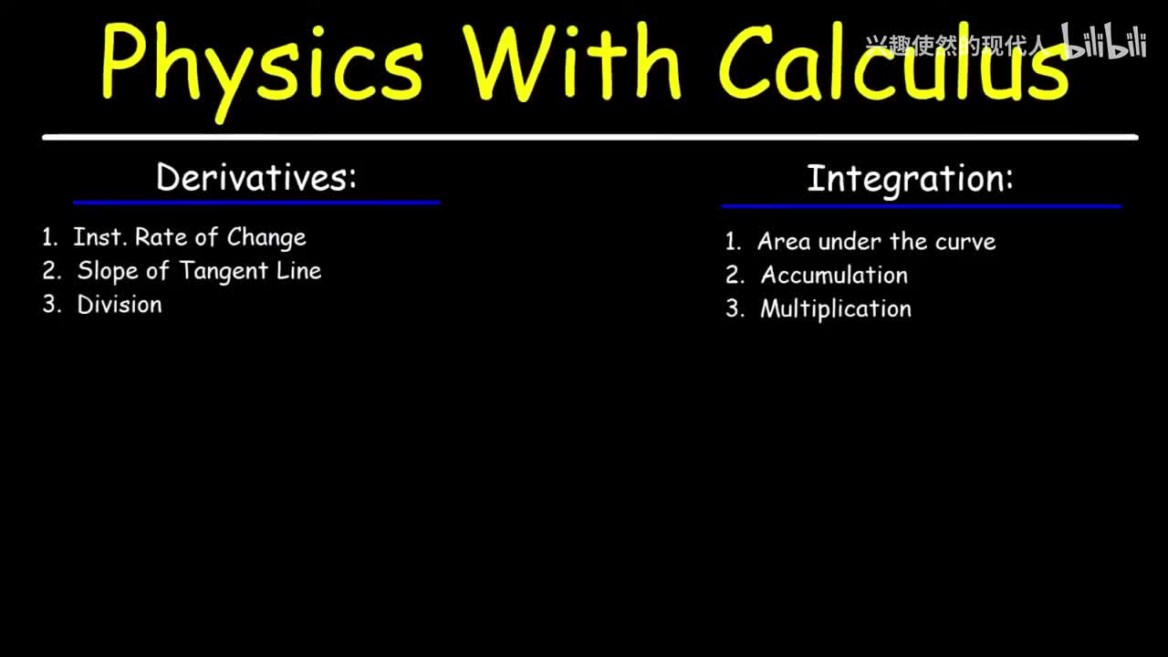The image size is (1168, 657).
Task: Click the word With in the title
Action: coord(572,61)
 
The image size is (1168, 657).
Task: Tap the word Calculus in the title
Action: coord(893,61)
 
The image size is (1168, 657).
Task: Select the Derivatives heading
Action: coord(256,177)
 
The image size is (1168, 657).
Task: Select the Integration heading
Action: coord(910,180)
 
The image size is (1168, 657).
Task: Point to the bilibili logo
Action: coord(1103,41)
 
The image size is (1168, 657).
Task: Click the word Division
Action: coord(120,305)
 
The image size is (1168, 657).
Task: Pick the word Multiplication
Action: coord(836,309)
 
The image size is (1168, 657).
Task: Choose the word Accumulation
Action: coord(834,275)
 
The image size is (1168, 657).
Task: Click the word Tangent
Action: coord(224,272)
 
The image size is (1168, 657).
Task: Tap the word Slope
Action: coord(108,271)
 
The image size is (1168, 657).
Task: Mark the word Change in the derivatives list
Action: coord(266,238)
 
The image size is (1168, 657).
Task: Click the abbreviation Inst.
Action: coord(100,236)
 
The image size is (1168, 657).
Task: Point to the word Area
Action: coord(784,242)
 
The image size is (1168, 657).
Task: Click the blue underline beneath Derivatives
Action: coord(256,203)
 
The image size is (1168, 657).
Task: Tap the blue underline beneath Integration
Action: coord(922,206)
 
